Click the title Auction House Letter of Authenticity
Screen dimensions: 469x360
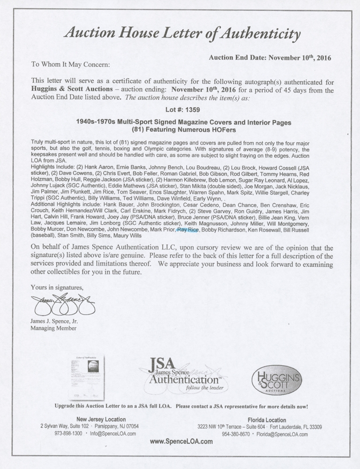click(181, 34)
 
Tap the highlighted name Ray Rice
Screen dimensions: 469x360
click(187, 230)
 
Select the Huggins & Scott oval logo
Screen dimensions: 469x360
click(277, 380)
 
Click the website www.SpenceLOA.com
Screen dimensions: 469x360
click(181, 441)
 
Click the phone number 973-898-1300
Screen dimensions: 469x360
click(67, 434)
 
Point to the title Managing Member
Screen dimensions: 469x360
click(53, 328)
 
